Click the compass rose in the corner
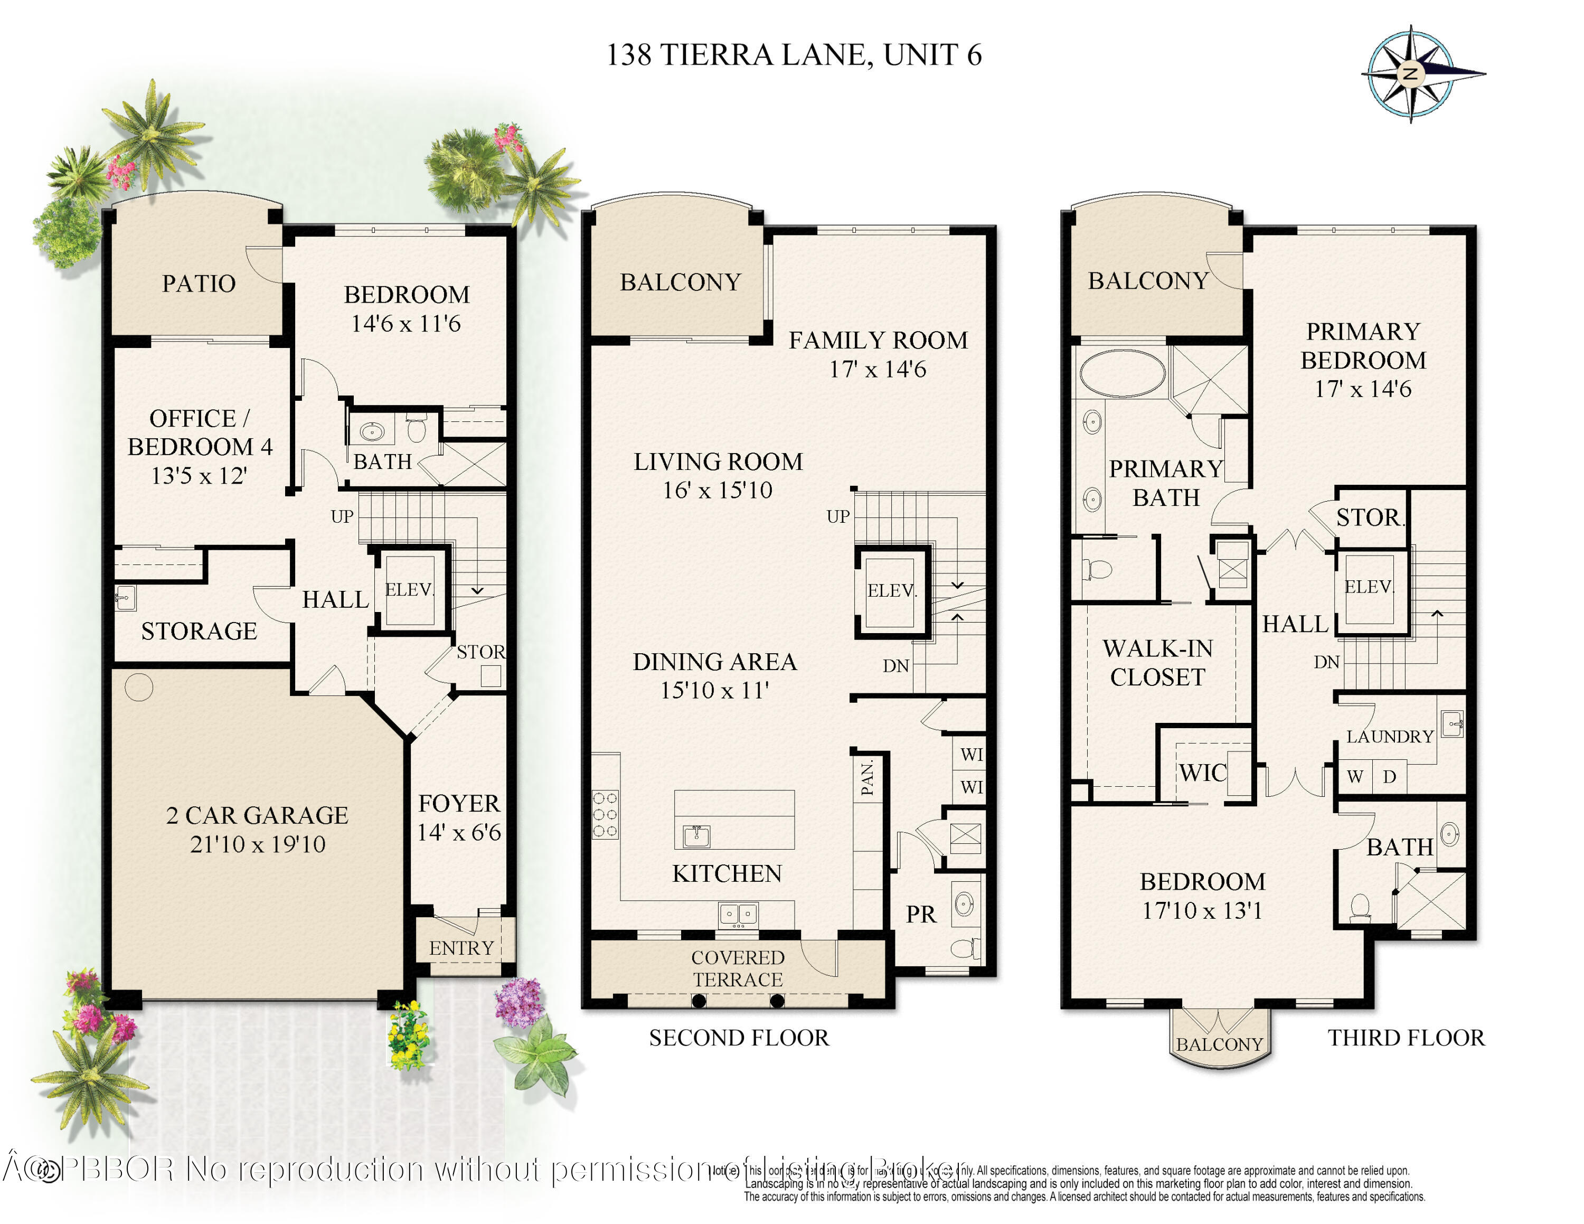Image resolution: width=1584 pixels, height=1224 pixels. [1411, 73]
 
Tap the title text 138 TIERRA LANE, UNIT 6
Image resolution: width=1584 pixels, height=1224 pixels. [794, 55]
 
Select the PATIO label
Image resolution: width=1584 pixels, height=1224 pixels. [199, 284]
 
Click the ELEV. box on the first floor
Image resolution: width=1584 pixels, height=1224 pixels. [409, 589]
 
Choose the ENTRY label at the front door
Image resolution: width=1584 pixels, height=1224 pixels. [461, 948]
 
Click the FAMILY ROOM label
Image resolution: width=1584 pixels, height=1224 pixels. [878, 340]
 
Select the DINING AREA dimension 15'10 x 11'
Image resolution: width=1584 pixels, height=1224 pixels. [714, 690]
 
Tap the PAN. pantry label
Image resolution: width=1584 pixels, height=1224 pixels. [866, 778]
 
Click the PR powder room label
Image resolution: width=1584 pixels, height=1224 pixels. [921, 915]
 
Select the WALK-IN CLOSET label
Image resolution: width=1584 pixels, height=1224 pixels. [1157, 663]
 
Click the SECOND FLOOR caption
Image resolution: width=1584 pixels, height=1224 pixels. [738, 1038]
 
